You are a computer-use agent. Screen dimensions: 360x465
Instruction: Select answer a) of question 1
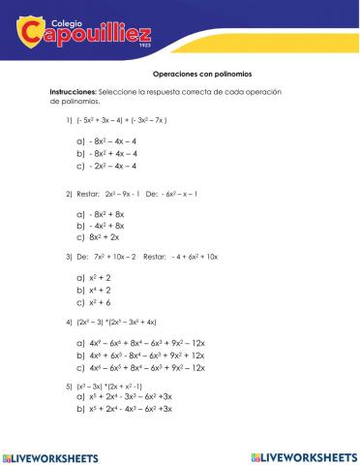point(106,140)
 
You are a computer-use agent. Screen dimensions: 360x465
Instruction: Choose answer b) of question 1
point(106,152)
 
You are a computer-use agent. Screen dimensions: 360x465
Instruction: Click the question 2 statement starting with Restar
point(135,193)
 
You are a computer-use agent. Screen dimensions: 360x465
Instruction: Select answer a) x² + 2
point(92,277)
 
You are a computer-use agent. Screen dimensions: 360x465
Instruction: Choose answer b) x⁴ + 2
point(92,289)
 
